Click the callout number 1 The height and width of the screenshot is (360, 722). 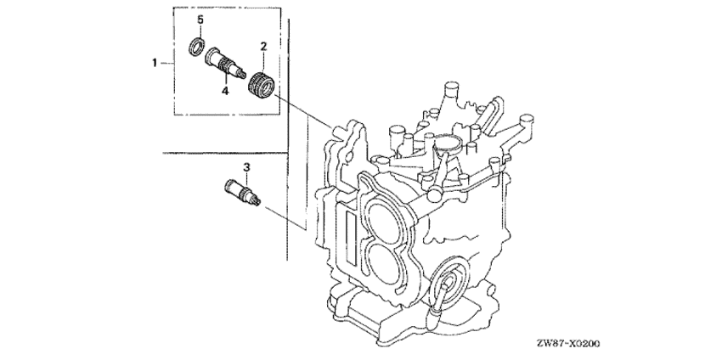point(155,63)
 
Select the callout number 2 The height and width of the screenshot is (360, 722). point(263,46)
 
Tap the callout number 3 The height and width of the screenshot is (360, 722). point(246,167)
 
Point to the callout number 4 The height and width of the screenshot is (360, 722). point(225,91)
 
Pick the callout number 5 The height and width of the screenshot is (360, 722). point(200,20)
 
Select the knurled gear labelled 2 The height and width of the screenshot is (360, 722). point(262,84)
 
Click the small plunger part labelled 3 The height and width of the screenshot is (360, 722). point(242,193)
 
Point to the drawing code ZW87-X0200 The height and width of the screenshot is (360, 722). point(568,343)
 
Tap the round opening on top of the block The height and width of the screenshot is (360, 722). point(447,143)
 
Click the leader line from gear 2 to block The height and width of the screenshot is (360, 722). point(303,110)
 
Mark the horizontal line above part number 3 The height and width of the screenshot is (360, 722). point(225,152)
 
